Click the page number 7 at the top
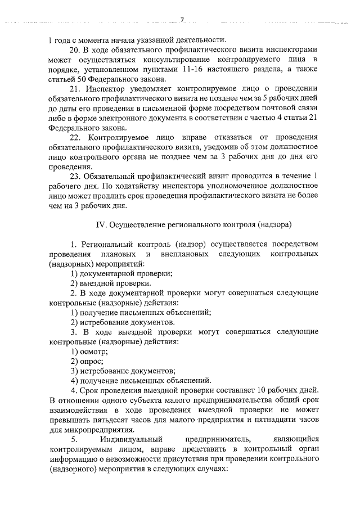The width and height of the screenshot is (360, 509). (x=182, y=21)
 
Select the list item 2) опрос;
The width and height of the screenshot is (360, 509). (x=87, y=361)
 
